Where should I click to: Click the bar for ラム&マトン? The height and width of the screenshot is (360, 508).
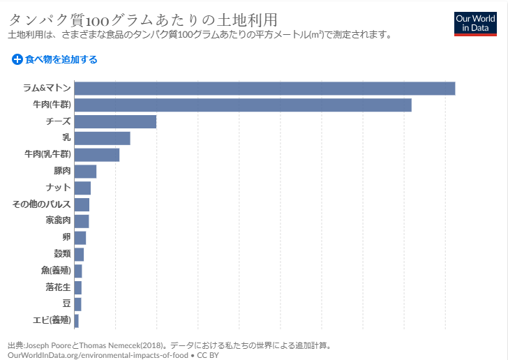point(264,89)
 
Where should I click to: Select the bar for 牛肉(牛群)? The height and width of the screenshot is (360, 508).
point(243,105)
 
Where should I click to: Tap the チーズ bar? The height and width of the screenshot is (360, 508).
point(115,121)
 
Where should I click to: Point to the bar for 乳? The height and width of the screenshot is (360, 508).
point(102,138)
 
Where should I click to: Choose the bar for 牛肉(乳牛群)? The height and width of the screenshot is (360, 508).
point(97,155)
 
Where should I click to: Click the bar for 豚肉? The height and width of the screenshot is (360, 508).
point(85,172)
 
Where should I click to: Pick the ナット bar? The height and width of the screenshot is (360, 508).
point(82,188)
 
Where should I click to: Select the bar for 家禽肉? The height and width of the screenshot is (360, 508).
point(82,221)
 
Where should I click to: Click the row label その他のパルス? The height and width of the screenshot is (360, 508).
point(42,204)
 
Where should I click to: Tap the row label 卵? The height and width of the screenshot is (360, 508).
point(66,237)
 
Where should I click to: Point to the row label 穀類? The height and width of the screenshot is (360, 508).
point(62,254)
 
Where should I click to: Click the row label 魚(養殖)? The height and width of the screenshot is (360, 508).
point(56,271)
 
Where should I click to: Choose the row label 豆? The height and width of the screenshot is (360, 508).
point(66,303)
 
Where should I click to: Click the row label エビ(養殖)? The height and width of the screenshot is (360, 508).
point(52,320)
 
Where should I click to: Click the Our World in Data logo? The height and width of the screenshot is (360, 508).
point(475,22)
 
